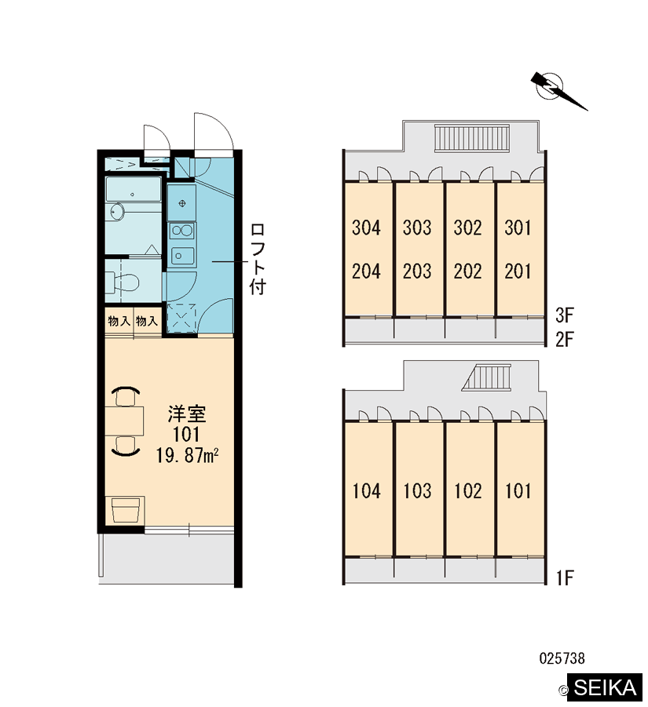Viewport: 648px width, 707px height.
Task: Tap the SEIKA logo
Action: point(604,687)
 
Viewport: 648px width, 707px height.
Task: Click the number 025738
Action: point(562,658)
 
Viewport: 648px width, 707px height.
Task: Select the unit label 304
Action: point(366,228)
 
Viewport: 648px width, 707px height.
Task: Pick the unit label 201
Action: point(518,272)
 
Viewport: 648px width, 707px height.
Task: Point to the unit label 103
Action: point(417,491)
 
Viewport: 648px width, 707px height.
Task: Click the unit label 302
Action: point(467,228)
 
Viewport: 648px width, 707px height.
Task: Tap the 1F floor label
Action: point(565,578)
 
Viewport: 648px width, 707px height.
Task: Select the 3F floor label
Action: point(565,315)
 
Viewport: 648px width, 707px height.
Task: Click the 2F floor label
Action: point(565,339)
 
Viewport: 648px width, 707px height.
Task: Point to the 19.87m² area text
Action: point(187,455)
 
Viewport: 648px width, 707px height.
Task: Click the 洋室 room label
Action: point(187,414)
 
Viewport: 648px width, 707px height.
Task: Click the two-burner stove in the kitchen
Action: point(182,231)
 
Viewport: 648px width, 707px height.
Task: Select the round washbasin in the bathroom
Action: point(117,211)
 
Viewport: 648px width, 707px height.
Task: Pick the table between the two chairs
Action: point(125,421)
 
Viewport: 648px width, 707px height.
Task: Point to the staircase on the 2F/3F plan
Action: point(471,137)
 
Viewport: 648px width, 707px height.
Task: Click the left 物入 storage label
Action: point(119,321)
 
